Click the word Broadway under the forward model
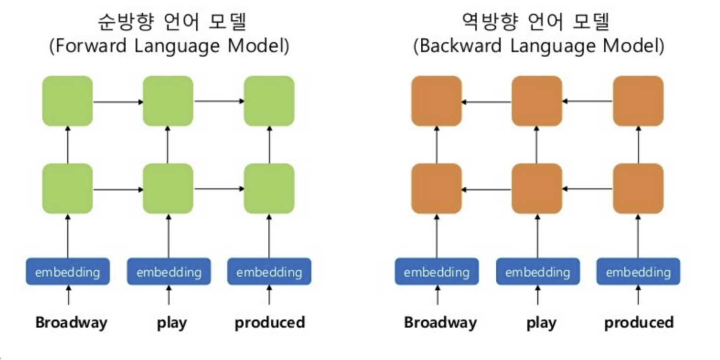coord(71,323)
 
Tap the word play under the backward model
coord(541,323)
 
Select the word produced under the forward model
coord(269,323)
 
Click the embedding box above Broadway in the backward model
coord(437,272)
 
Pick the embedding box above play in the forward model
coord(169,272)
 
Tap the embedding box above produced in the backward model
coord(638,272)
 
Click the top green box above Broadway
coord(68,101)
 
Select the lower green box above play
coord(168,188)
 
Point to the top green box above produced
coord(269,101)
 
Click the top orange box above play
coord(537,101)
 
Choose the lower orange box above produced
coord(638,188)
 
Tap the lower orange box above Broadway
coord(437,188)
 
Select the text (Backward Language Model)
coord(538,46)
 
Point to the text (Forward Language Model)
coord(169,46)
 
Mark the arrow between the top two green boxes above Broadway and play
coord(118,102)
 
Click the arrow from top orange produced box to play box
coord(588,102)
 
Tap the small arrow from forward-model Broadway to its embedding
coord(68,297)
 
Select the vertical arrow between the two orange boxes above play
coord(537,145)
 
